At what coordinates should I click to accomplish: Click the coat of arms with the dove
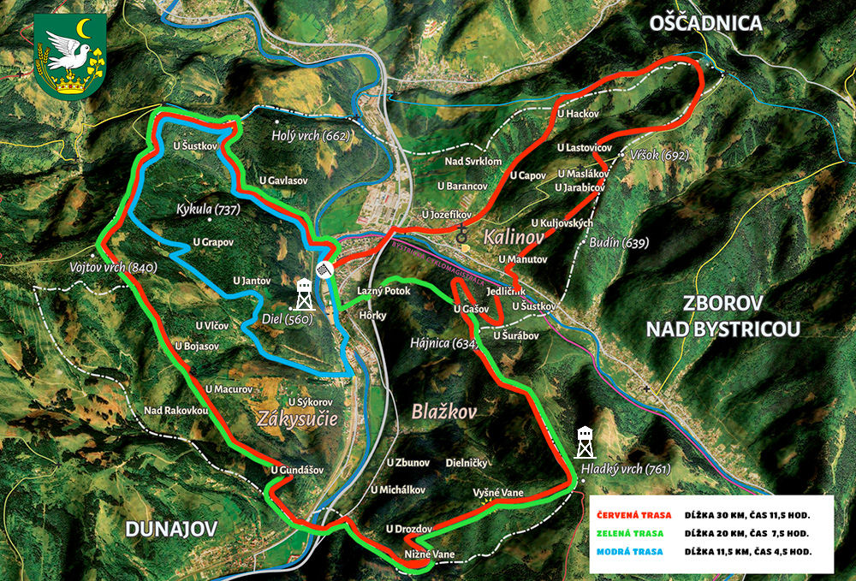(x=71, y=56)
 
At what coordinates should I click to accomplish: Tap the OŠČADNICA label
(x=705, y=23)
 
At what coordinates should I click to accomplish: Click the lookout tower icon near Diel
(x=304, y=293)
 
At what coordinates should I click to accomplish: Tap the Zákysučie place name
(x=297, y=418)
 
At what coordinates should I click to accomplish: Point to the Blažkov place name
(x=443, y=411)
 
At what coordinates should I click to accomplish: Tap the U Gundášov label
(x=297, y=470)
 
